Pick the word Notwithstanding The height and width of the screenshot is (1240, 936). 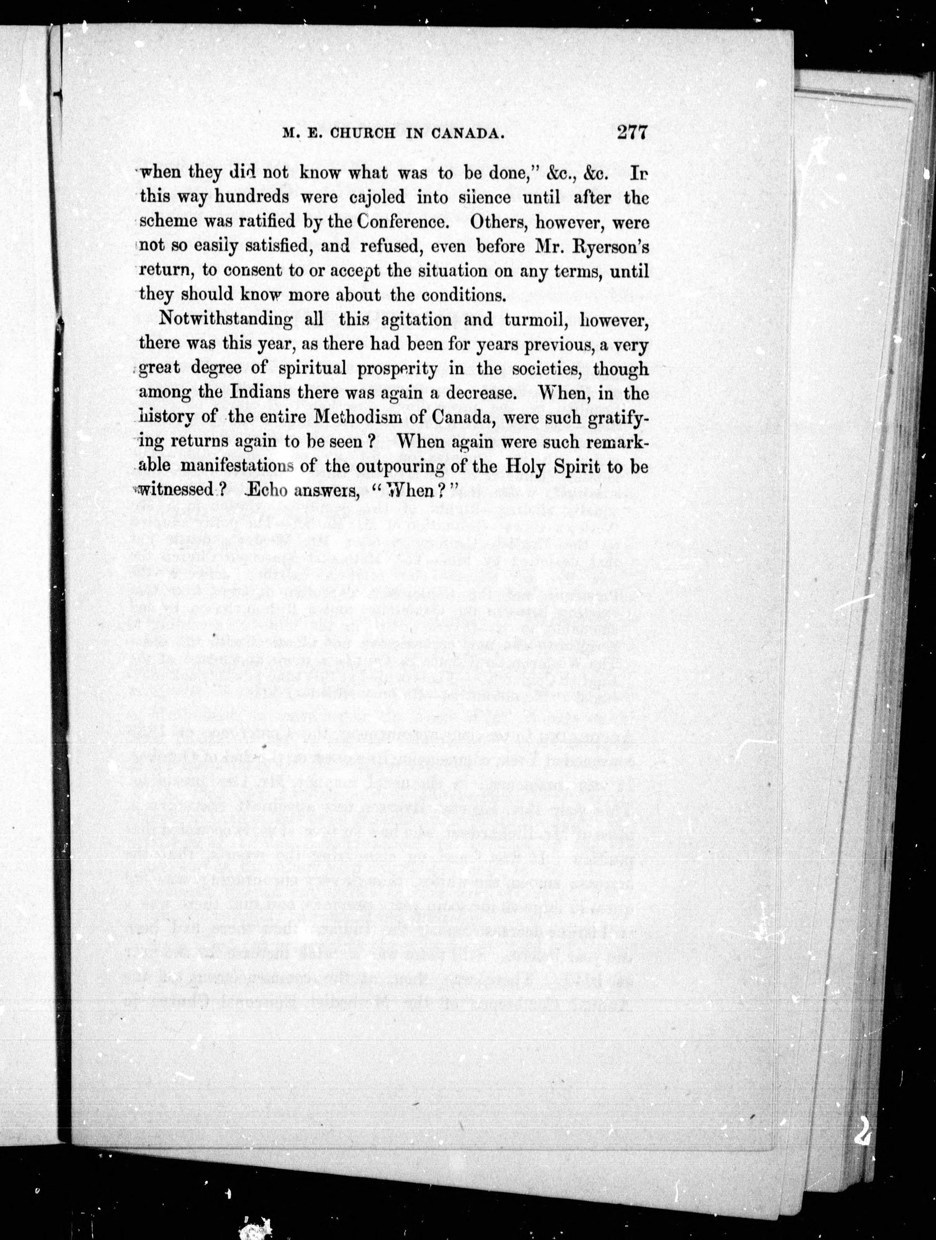point(226,320)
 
